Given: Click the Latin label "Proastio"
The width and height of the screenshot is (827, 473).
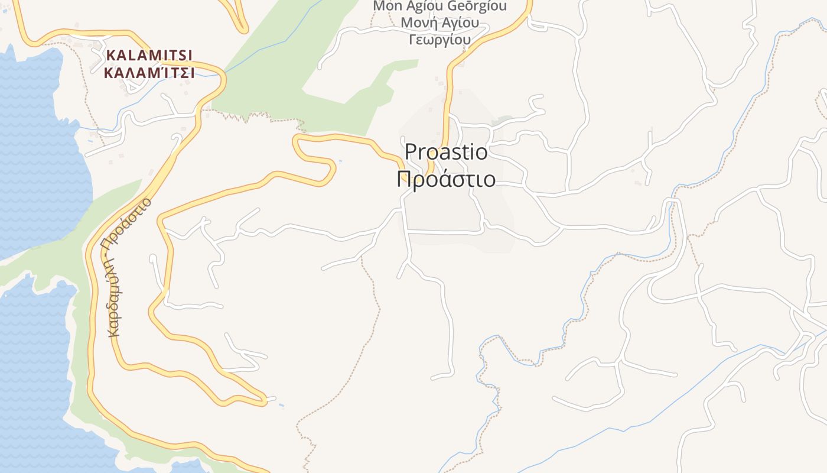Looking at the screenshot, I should point(447,153).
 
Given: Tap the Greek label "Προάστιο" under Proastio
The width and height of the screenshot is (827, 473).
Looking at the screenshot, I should point(446,179).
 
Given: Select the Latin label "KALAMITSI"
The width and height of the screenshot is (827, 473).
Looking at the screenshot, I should point(149,56).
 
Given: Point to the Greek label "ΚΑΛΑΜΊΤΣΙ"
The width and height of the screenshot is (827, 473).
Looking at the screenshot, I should point(149,73).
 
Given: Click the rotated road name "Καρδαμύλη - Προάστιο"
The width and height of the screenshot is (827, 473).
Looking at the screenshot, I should point(129,267).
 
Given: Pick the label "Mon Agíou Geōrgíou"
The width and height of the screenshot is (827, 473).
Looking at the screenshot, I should point(439,7).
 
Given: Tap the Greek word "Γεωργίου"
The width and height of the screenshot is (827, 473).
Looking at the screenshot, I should point(439,40).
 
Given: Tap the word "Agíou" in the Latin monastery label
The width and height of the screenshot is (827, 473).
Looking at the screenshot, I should point(419,7).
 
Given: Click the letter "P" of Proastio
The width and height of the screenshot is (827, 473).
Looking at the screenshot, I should point(411,153).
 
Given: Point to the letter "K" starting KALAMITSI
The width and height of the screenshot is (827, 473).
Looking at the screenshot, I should point(110,56).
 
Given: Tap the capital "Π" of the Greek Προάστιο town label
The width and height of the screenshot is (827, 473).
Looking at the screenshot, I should point(404,179).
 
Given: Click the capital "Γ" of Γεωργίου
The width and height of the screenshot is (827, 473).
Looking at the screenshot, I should point(412,40).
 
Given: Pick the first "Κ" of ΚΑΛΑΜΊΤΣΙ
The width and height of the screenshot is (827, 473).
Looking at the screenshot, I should point(109,73).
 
